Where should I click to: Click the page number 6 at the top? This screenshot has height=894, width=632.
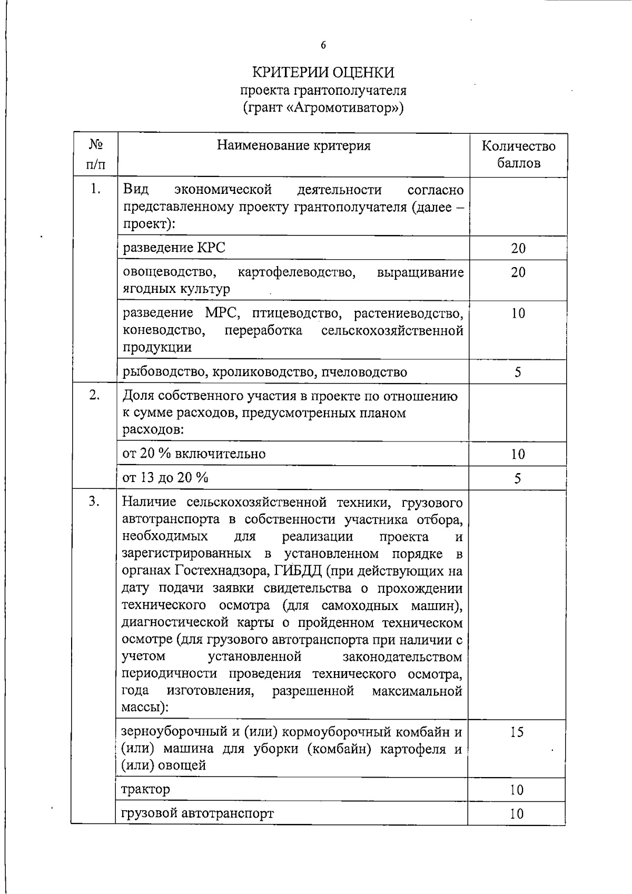click(323, 45)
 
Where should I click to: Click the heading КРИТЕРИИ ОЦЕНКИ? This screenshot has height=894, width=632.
click(323, 72)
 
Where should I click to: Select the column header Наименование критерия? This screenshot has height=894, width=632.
click(294, 146)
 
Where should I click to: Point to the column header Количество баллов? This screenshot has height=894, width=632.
click(518, 154)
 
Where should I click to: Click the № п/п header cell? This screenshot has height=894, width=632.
click(95, 154)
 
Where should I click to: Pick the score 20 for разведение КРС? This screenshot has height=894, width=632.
click(518, 248)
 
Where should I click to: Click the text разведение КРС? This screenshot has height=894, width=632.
click(174, 248)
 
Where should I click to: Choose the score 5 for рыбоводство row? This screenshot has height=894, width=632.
click(518, 372)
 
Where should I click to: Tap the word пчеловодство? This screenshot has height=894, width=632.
click(364, 372)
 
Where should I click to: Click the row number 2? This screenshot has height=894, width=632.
click(95, 396)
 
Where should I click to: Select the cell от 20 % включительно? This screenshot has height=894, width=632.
click(194, 454)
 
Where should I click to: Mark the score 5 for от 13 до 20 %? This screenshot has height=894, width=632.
click(517, 478)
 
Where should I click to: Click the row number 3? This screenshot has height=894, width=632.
click(95, 502)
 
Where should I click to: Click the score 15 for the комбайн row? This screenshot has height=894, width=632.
click(517, 732)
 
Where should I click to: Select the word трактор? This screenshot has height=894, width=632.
click(146, 789)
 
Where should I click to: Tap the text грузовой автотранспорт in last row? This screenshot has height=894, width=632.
click(197, 813)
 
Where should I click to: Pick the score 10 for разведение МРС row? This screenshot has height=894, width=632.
click(518, 313)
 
